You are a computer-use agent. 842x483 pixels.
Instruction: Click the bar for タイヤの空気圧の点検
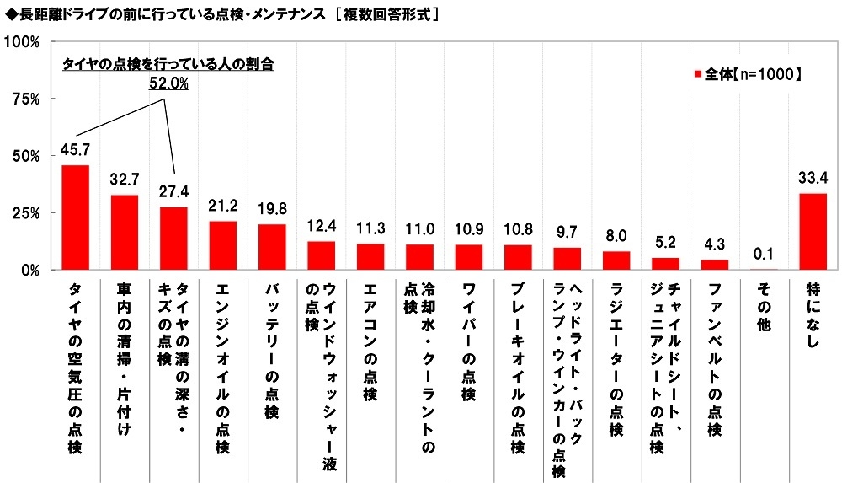76,217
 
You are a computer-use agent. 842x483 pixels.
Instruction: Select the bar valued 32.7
125,233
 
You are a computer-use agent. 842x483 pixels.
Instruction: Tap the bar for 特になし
812,232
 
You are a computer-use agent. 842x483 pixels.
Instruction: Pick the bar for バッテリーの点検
272,247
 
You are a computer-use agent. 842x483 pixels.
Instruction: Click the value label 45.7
76,150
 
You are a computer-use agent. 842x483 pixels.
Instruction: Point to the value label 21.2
223,206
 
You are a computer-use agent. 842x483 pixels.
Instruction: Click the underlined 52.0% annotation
168,83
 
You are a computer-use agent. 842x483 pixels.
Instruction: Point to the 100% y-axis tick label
23,41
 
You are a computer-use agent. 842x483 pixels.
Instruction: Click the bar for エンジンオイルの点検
223,245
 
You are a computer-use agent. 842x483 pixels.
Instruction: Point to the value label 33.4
812,178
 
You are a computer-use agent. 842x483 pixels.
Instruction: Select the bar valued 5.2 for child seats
664,264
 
